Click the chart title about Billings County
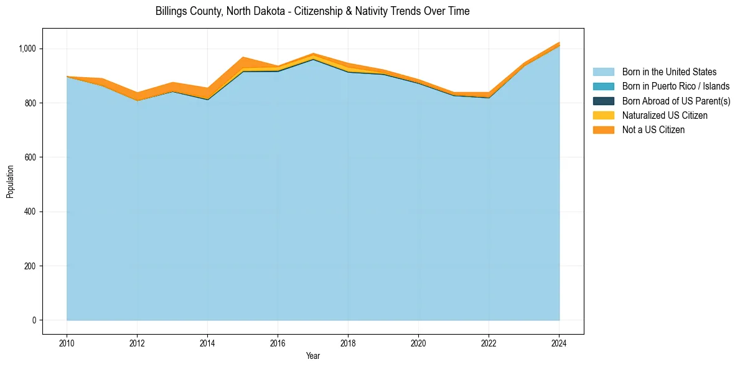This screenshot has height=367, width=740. point(312,11)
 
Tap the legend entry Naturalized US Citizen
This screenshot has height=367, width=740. point(665,116)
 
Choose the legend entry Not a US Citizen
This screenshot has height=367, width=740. point(653,130)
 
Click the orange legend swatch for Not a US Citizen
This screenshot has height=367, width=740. point(603,130)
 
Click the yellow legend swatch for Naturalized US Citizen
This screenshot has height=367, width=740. point(603,116)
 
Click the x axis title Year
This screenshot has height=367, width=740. point(313,356)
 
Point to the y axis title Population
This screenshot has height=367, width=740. point(10,182)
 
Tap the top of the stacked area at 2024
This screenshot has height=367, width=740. point(559,43)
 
